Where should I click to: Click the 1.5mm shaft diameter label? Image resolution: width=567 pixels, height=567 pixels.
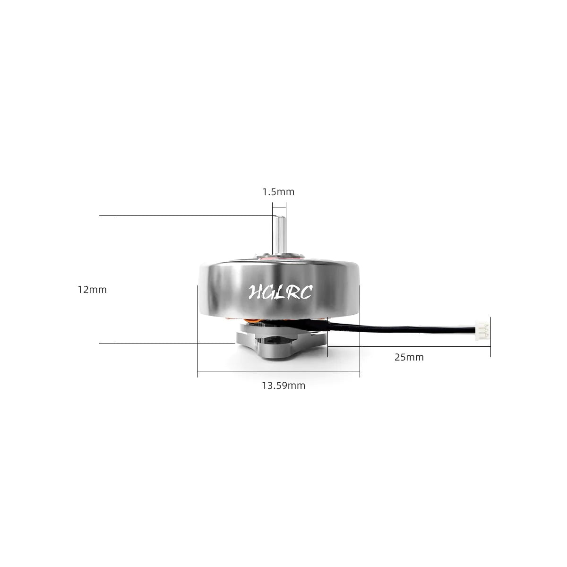278,192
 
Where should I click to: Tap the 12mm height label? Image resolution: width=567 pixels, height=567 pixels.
93,290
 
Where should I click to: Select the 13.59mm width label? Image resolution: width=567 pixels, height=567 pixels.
283,386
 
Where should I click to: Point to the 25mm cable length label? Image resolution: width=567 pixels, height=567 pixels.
409,357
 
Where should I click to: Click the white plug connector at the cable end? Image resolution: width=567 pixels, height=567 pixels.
483,326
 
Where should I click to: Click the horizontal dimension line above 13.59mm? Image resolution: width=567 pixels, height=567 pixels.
278,371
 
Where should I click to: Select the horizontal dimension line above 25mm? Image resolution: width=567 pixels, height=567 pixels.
409,346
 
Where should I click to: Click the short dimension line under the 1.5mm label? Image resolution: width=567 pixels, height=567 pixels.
279,206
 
